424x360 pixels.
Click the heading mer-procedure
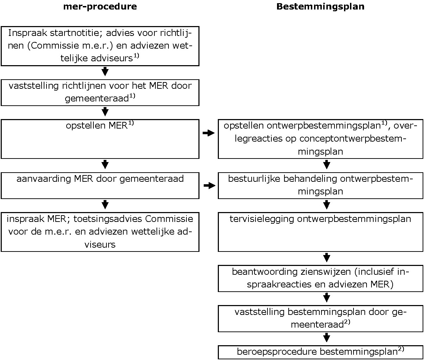[100, 7]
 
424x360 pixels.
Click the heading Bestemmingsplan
[320, 7]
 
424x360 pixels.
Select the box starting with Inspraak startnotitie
[100, 46]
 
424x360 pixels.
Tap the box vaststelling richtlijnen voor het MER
[100, 92]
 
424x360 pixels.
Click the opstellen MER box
[100, 139]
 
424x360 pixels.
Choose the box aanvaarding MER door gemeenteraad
[100, 185]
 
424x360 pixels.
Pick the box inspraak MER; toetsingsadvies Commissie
[100, 231]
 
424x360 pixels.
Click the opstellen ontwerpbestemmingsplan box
[320, 139]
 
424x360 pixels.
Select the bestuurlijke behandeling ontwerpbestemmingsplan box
[320, 185]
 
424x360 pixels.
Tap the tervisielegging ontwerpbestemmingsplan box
[320, 231]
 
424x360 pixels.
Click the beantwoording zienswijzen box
[320, 279]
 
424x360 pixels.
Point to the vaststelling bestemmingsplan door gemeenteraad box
[320, 318]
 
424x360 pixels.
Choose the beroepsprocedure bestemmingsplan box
[320, 352]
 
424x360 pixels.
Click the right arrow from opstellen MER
[209, 133]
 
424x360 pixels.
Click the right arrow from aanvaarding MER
[209, 186]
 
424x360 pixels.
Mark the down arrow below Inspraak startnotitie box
[105, 72]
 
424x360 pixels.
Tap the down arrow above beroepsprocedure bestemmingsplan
[326, 338]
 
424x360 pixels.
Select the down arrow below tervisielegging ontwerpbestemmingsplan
[326, 257]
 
